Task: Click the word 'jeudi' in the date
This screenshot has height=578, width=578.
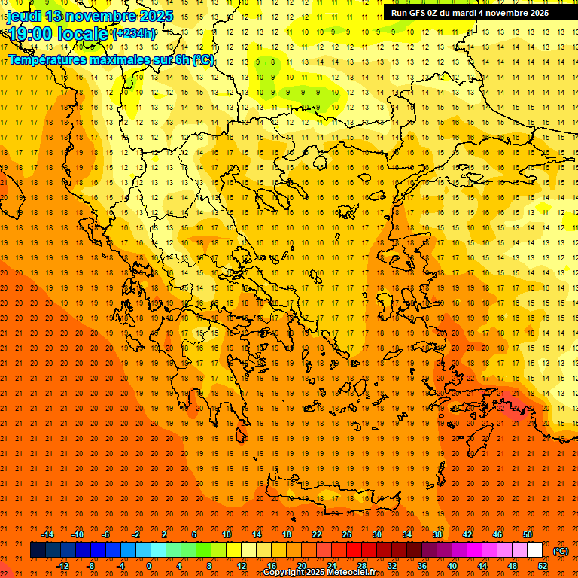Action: click(24, 16)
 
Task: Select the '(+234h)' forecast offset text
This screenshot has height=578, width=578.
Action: click(134, 33)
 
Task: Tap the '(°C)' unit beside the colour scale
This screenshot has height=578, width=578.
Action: click(561, 550)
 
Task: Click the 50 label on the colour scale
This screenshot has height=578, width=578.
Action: click(528, 534)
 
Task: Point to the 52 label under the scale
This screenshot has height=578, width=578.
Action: click(543, 566)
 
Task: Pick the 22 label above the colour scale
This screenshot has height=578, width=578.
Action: click(317, 534)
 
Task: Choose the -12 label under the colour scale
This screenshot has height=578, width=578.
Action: click(62, 566)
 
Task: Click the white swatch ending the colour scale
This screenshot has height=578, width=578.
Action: click(534, 550)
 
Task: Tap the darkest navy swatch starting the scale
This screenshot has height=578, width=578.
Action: click(38, 550)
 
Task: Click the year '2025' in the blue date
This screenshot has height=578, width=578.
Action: click(155, 16)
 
